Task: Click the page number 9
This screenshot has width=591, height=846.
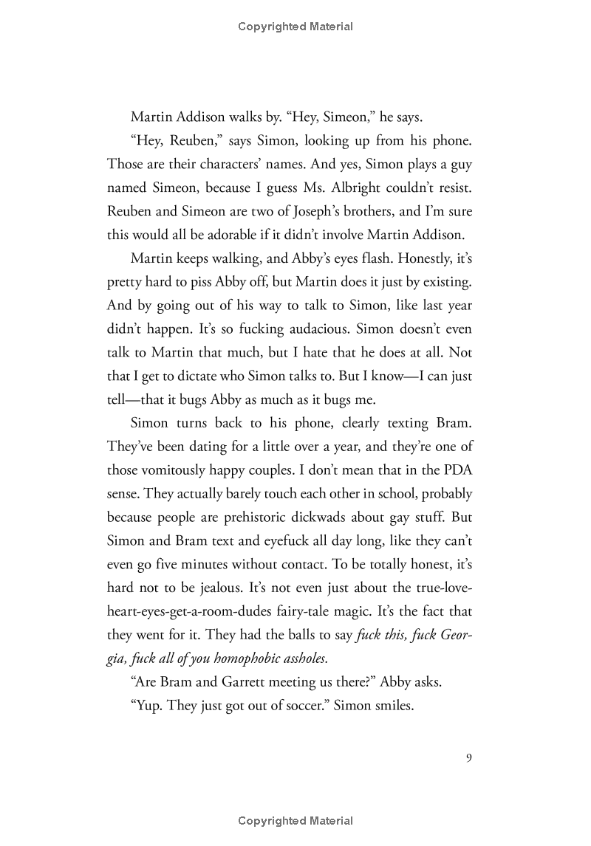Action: [468, 757]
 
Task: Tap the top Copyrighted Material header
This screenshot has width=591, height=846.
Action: [295, 27]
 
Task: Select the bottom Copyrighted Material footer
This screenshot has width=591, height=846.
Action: [295, 821]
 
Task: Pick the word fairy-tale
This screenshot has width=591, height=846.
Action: [357, 611]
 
